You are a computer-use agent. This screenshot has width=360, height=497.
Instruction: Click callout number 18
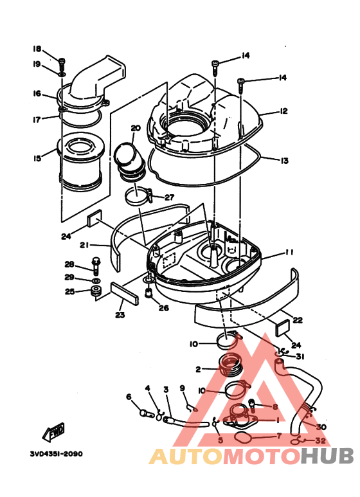[37, 49]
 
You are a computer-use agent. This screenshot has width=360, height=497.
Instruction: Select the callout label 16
[37, 93]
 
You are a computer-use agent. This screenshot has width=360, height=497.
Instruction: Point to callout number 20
[135, 128]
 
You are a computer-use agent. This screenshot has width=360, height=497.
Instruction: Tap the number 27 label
[168, 197]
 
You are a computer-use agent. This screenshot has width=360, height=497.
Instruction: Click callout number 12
[283, 111]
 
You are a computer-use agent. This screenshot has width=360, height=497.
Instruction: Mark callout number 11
[289, 253]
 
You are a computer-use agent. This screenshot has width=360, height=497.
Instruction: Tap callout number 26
[164, 308]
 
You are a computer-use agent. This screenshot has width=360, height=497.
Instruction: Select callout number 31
[300, 357]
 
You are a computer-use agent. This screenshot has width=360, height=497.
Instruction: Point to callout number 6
[129, 397]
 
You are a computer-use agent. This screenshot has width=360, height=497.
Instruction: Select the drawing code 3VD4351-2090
[56, 453]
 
